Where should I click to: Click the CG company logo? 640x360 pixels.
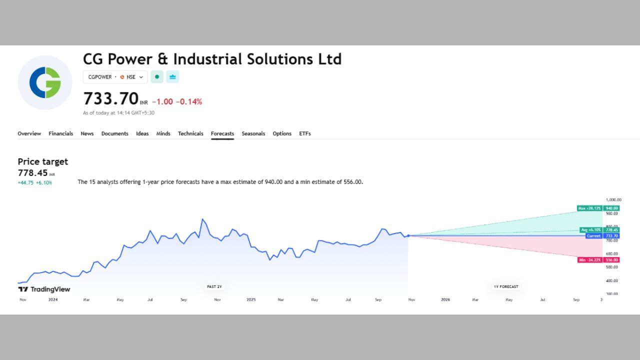click(x=45, y=82)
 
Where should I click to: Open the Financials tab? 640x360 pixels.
click(x=60, y=133)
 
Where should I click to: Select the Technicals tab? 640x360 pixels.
click(x=190, y=133)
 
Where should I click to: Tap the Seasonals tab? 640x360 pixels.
click(x=253, y=133)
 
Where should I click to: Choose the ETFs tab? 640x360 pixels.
click(x=305, y=133)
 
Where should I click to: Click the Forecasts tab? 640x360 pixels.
click(x=222, y=133)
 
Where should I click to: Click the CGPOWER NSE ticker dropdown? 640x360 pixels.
click(x=115, y=77)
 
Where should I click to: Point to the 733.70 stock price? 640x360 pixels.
click(x=110, y=98)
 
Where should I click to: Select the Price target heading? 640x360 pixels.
click(x=42, y=161)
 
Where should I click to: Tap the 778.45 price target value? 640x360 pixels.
click(x=33, y=173)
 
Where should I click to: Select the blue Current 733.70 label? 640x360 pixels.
click(x=602, y=236)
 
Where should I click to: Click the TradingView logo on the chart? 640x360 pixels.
click(x=44, y=289)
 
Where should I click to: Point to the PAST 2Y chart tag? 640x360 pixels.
click(x=214, y=286)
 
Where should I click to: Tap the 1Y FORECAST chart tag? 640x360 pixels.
click(x=506, y=286)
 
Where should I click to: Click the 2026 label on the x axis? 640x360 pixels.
click(x=445, y=300)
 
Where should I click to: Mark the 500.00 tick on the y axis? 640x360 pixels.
click(x=612, y=267)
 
